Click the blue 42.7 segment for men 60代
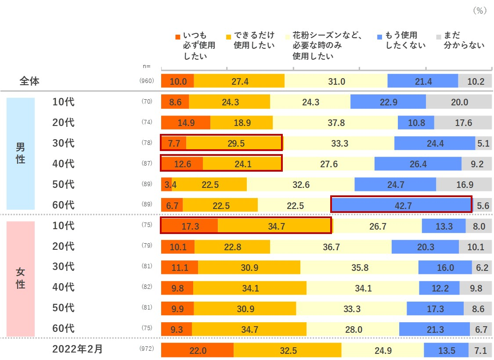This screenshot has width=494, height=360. [401, 205]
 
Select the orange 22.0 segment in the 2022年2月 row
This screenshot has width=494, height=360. [197, 350]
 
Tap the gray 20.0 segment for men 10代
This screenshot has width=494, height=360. [459, 102]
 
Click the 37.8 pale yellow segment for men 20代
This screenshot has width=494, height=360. [335, 122]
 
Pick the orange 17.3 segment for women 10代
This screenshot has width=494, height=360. [189, 226]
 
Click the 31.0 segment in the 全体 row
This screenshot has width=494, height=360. [336, 81]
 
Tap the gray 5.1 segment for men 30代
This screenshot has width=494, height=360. [483, 143]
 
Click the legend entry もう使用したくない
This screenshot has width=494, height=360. [401, 40]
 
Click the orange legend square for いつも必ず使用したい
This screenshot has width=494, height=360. [178, 36]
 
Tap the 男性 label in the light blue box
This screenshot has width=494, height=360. [20, 153]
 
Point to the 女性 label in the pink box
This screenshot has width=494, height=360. [20, 278]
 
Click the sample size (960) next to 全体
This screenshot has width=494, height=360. [147, 81]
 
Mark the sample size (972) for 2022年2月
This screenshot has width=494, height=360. [147, 350]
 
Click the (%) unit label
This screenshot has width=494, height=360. [480, 11]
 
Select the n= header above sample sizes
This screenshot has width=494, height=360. [147, 66]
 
